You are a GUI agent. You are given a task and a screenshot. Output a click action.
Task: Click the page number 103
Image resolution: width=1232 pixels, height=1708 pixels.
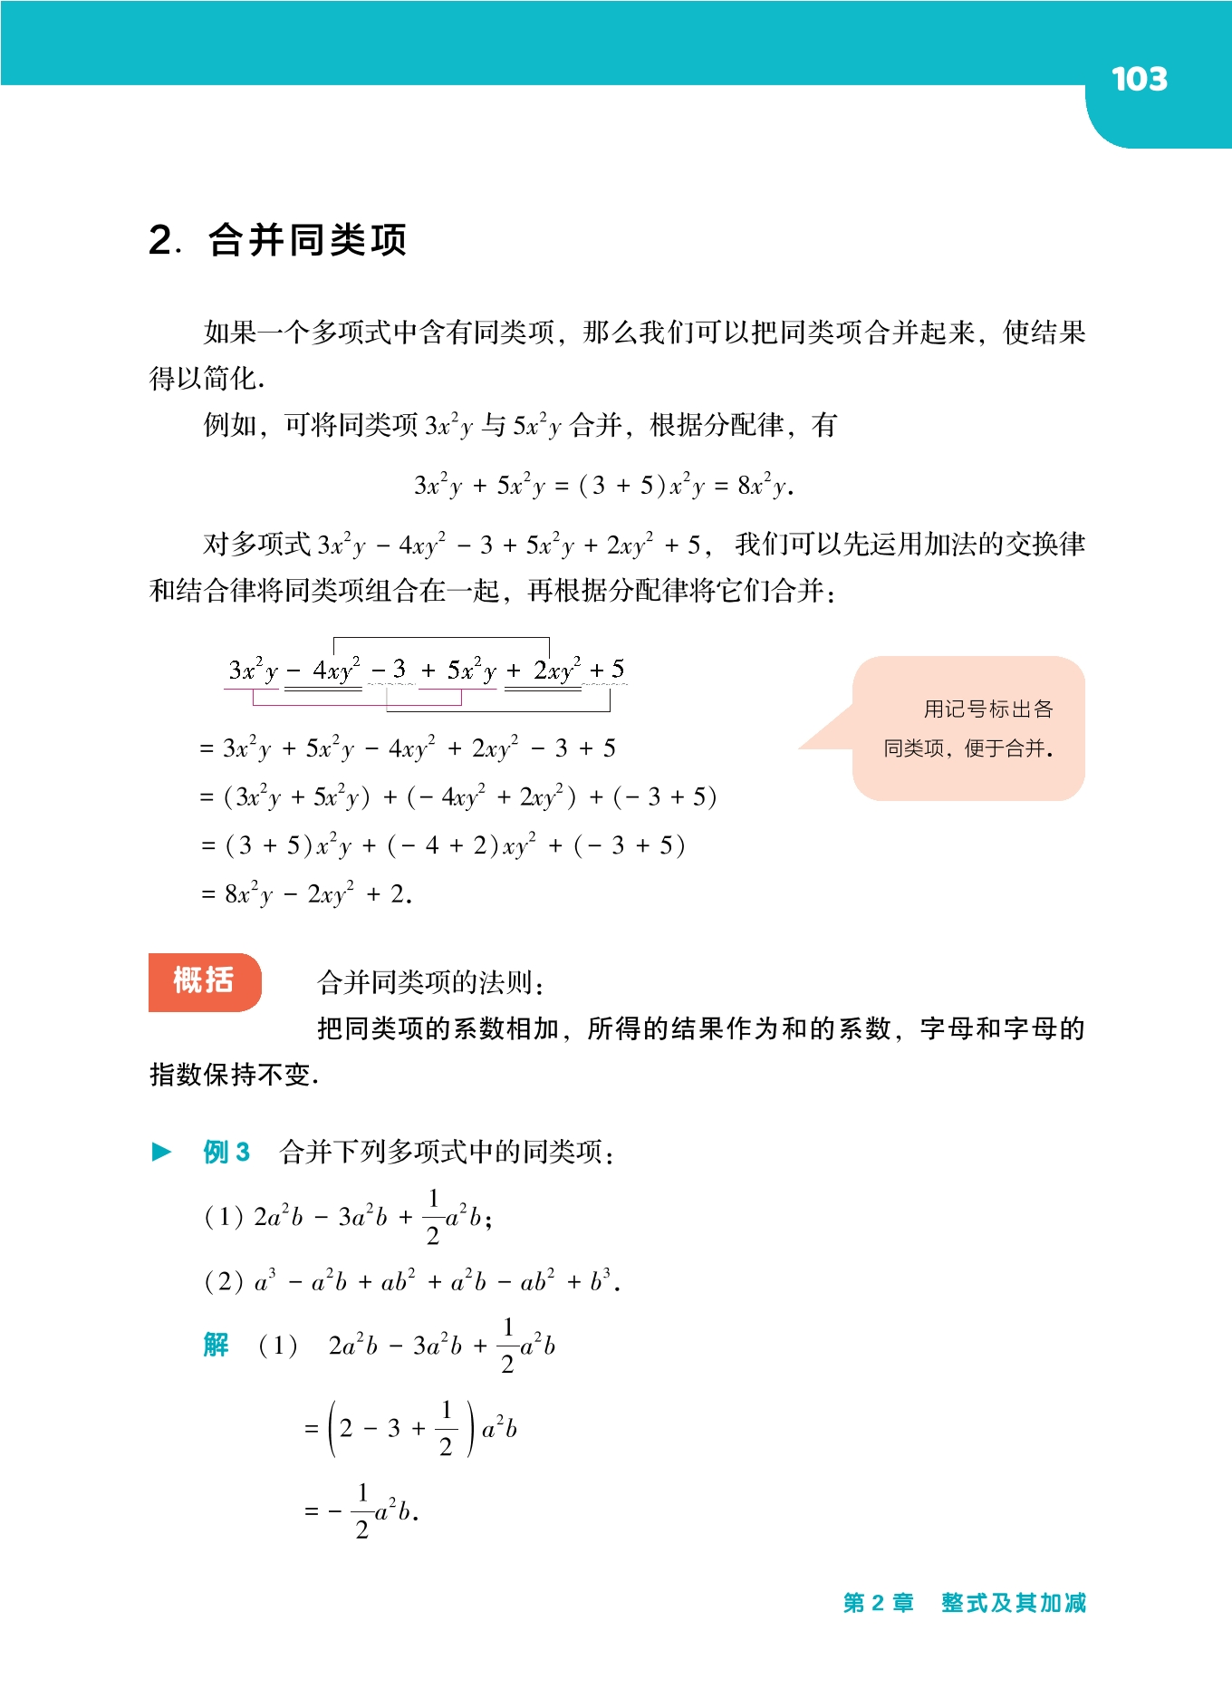pos(1139,80)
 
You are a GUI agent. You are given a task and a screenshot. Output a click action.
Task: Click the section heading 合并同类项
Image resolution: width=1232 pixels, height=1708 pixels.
pos(307,240)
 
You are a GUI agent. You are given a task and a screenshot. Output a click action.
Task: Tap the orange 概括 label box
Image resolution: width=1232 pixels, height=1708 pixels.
pos(205,981)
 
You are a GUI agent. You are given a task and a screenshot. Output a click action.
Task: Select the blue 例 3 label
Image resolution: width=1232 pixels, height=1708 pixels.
pos(226,1152)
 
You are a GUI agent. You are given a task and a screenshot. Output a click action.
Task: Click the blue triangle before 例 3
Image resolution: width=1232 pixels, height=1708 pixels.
pos(162,1152)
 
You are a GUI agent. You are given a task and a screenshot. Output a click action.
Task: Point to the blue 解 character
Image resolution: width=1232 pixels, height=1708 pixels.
pos(216,1345)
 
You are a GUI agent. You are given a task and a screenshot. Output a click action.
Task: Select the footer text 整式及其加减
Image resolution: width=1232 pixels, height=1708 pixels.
pos(1013,1603)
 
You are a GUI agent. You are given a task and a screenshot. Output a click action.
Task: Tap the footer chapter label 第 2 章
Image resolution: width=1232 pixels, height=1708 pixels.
pos(878,1603)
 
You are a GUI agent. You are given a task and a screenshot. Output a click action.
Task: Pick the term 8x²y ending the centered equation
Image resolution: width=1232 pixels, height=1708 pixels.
pos(765,486)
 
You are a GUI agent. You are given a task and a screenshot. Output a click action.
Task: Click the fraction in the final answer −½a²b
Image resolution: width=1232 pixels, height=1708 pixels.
pos(362,1510)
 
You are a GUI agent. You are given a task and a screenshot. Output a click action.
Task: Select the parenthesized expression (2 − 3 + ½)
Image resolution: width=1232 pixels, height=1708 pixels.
pos(401,1429)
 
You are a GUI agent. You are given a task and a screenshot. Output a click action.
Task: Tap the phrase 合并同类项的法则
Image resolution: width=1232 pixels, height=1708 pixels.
pos(430,982)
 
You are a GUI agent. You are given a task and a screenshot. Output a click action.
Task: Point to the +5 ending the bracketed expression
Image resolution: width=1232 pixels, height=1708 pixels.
pos(607,670)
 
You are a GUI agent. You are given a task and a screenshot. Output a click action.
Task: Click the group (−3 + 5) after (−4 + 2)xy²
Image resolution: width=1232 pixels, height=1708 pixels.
pos(630,846)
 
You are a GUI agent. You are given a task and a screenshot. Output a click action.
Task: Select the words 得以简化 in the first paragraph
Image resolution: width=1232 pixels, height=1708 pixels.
pos(206,379)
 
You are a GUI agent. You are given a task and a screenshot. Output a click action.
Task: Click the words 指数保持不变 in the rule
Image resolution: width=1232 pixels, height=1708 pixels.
pos(233,1075)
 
